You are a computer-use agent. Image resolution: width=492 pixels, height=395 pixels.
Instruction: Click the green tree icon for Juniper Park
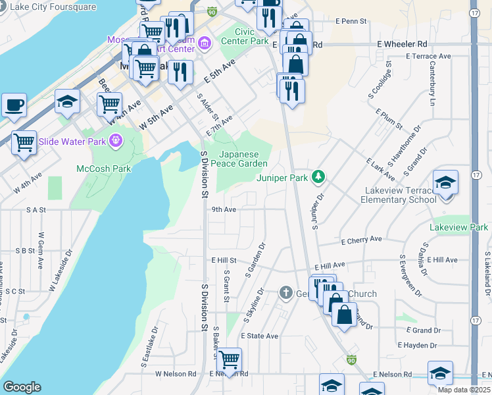point(318,176)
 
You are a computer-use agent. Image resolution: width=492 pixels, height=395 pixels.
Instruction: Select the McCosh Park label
point(103,169)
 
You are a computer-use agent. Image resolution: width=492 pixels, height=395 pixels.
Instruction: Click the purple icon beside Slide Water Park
point(116,140)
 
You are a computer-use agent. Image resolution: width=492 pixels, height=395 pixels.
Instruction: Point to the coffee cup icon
point(14,105)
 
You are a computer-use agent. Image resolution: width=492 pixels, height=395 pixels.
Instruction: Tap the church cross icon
point(285,292)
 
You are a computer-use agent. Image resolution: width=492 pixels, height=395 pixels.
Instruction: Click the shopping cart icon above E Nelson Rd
point(228,359)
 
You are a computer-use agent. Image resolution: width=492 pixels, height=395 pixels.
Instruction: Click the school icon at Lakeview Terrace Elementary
point(445,183)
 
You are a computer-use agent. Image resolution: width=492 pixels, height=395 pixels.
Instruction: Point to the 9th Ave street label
point(224,210)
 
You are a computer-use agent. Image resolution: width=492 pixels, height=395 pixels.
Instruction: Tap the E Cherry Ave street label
point(361,240)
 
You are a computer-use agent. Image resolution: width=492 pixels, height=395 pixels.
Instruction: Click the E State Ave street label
point(259,336)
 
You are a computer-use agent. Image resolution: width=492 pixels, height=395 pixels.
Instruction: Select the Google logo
point(22,387)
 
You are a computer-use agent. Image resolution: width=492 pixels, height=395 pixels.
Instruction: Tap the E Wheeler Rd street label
point(402,44)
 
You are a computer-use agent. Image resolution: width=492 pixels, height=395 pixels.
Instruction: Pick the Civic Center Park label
point(253,36)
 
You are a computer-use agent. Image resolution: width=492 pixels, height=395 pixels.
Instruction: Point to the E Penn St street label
point(351,22)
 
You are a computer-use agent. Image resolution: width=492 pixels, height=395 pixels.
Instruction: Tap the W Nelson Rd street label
point(176,374)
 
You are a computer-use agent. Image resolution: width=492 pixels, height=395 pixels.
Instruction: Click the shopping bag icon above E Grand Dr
point(344,315)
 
